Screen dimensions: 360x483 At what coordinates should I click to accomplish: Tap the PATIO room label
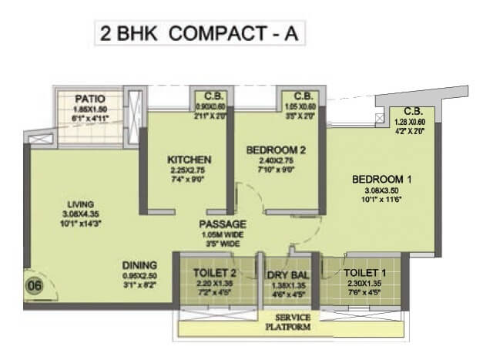click(91, 99)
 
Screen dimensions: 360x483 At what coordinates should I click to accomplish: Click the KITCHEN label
click(189, 160)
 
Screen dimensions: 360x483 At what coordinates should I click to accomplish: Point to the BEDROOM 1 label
click(381, 180)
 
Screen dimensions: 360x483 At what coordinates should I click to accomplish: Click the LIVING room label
click(80, 204)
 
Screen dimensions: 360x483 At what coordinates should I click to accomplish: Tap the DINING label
click(139, 264)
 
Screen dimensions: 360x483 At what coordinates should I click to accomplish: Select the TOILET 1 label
click(365, 272)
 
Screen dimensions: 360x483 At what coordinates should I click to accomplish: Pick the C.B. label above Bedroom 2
click(301, 96)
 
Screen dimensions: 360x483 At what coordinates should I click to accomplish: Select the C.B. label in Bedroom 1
click(413, 111)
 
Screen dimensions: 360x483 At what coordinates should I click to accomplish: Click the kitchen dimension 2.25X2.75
click(189, 170)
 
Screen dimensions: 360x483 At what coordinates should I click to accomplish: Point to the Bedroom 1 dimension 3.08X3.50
click(382, 190)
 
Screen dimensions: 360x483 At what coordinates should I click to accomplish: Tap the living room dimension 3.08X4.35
click(80, 215)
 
